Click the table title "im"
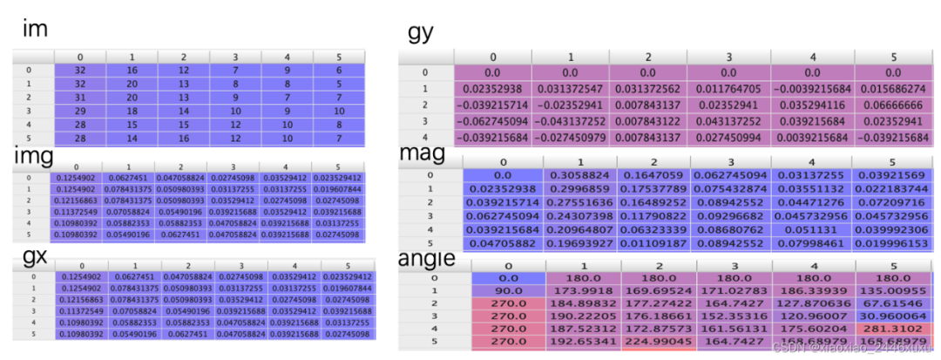35,31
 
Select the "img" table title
34,156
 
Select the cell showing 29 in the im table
79,112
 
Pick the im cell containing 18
131,112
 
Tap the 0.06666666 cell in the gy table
893,104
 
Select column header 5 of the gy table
893,58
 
